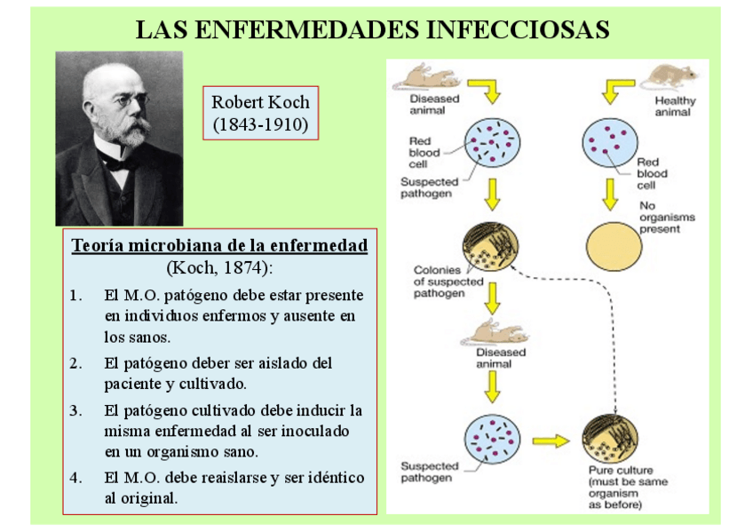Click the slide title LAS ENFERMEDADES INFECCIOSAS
(372, 29)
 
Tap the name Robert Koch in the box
(260, 102)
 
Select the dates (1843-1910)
(260, 124)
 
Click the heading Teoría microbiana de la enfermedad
(219, 245)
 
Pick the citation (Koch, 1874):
(219, 266)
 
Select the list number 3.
(75, 410)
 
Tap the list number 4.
(75, 477)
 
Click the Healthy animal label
(675, 107)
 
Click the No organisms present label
(667, 218)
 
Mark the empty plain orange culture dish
(609, 245)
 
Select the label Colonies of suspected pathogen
(448, 282)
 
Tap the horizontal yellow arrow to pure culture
(550, 439)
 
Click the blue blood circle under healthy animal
(609, 142)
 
